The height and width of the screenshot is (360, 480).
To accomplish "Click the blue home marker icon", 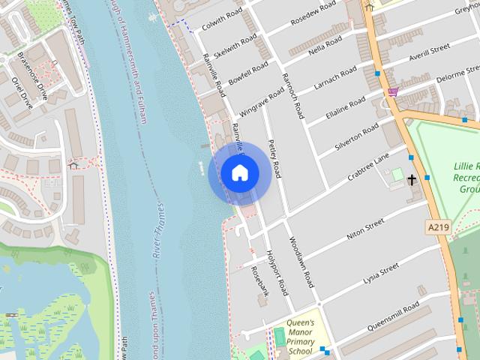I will (239, 173).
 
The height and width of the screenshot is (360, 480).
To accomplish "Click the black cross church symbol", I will (412, 180).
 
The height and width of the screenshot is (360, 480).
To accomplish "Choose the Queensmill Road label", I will (394, 317).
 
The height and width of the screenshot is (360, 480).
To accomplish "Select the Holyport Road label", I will (277, 272).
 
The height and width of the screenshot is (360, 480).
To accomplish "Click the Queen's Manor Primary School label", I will (299, 337).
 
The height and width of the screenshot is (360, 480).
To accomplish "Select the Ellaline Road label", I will (346, 108).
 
